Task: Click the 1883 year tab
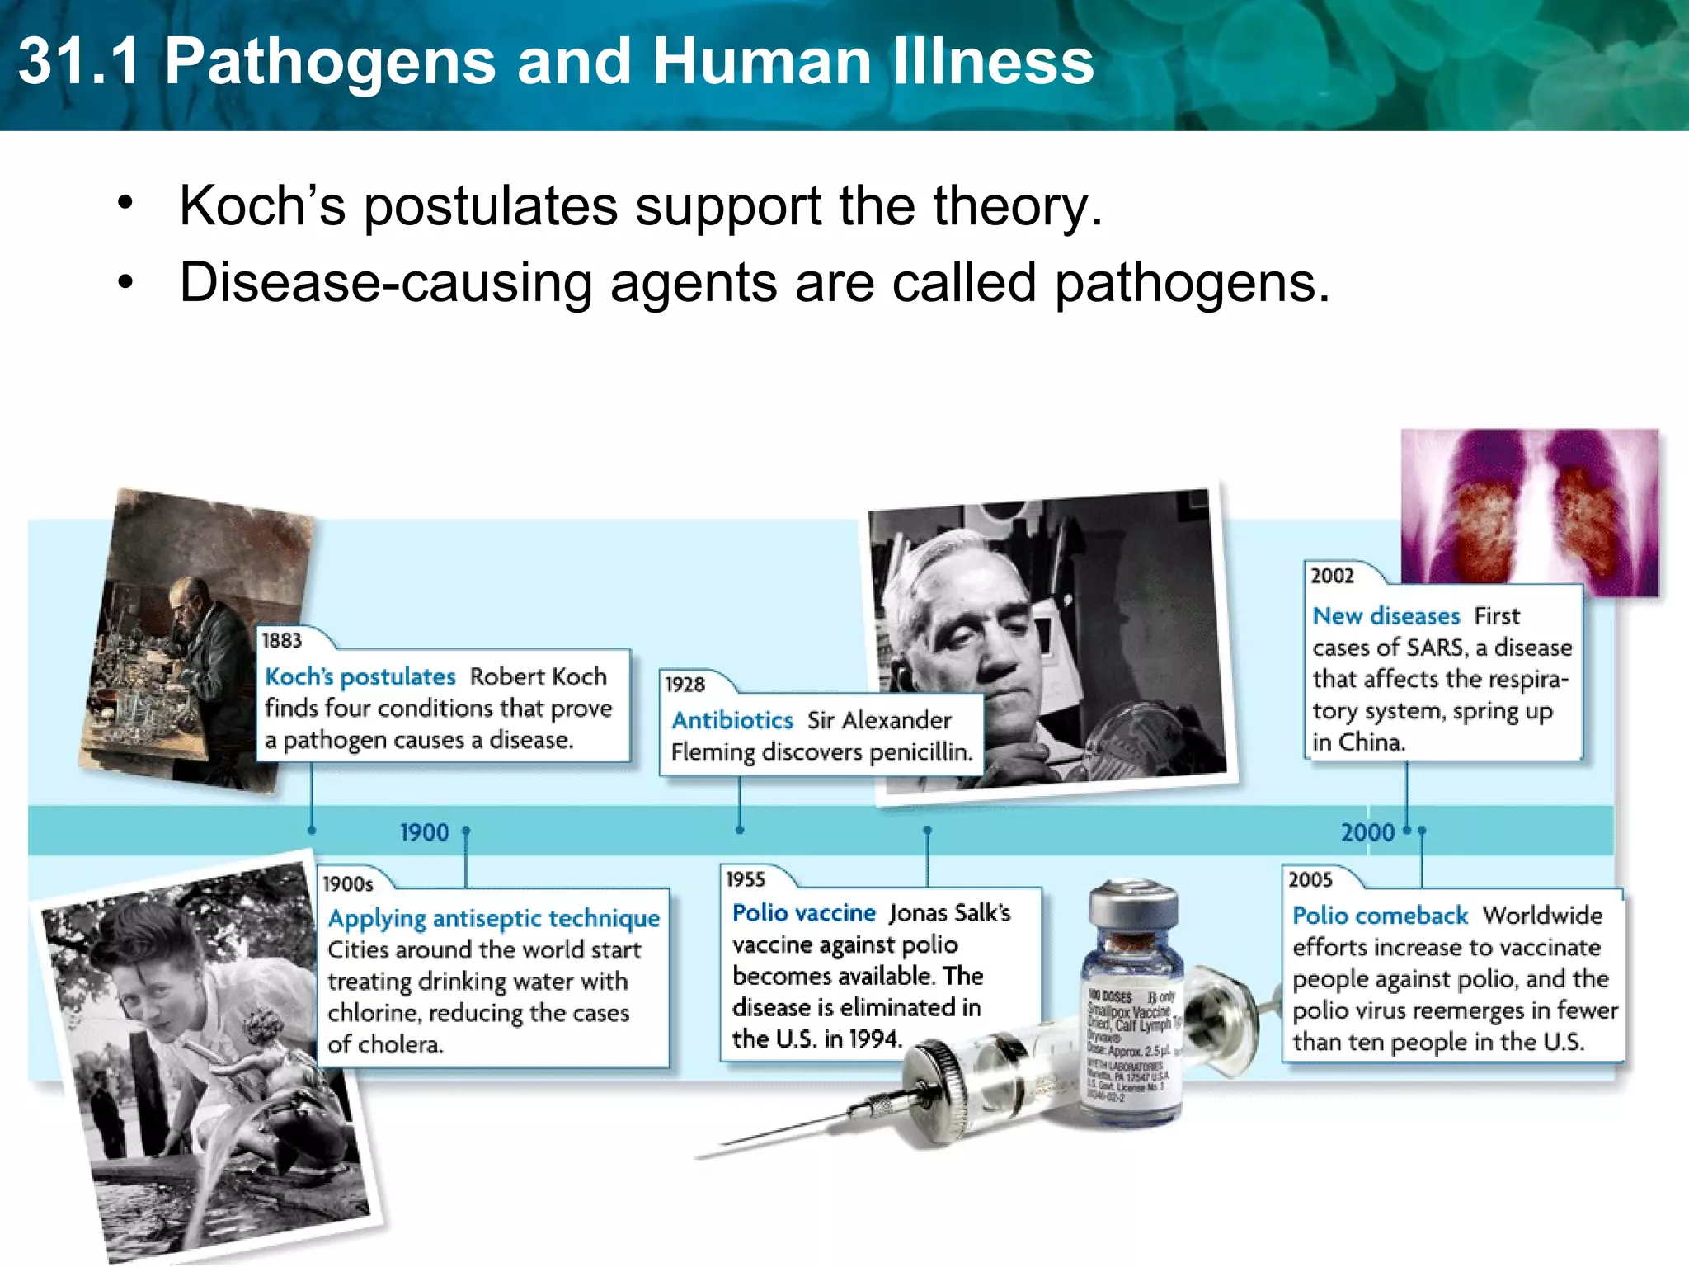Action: [x=282, y=640]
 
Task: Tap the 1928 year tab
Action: [x=685, y=684]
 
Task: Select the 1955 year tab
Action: [x=746, y=879]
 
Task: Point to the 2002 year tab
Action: [x=1333, y=576]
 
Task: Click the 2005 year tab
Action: [x=1310, y=879]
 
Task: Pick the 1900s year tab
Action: [x=348, y=884]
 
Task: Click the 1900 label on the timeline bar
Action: [x=424, y=832]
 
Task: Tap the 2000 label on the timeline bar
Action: [x=1367, y=832]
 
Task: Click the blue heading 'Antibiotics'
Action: [x=732, y=720]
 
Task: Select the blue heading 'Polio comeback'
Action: [x=1380, y=916]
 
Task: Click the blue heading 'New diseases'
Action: [x=1386, y=616]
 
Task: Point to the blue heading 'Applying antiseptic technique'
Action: [x=494, y=918]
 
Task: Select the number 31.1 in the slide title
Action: [x=78, y=62]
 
